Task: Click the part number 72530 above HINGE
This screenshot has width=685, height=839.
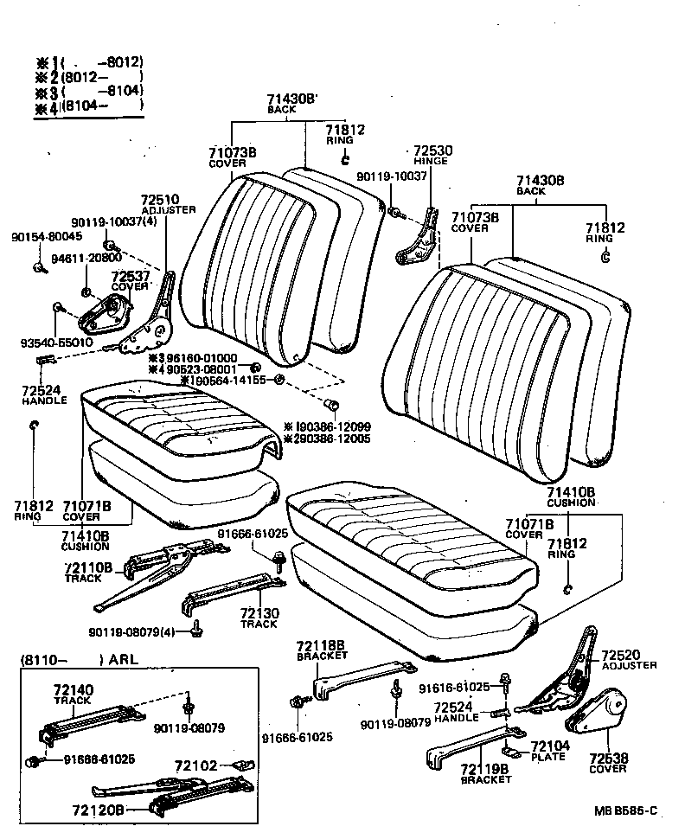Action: [432, 150]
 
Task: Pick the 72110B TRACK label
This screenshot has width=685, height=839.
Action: [87, 572]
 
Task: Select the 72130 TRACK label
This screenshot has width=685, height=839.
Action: [259, 617]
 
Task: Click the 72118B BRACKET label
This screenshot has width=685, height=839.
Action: [322, 650]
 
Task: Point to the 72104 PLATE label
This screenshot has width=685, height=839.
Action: [547, 751]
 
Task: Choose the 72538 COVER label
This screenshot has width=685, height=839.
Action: [608, 763]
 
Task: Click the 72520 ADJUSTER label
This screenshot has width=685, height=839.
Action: [628, 659]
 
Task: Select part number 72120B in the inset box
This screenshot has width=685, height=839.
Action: [102, 810]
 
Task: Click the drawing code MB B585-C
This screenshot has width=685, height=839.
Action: [625, 810]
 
